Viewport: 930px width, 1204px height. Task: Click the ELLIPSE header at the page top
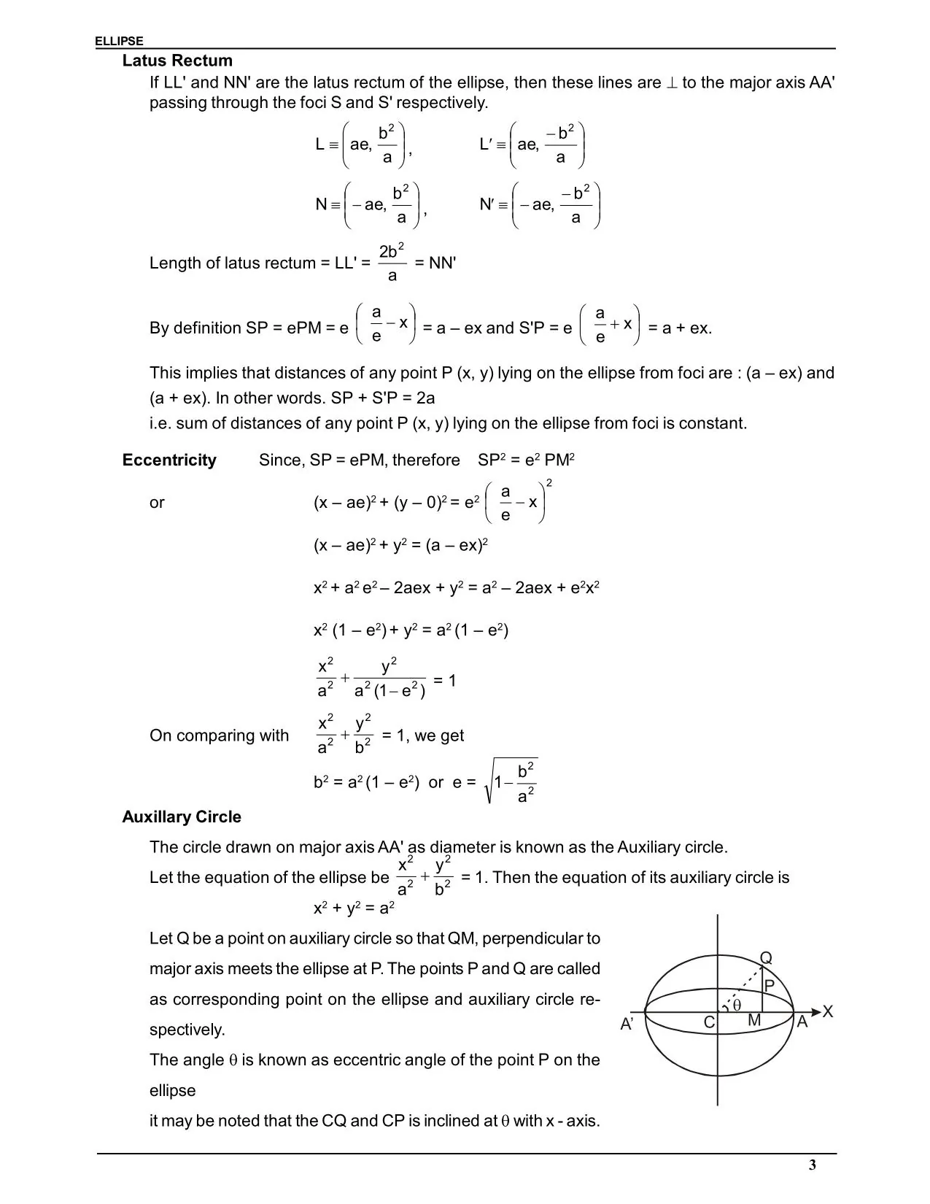pyautogui.click(x=119, y=42)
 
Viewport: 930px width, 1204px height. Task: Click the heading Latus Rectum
pyautogui.click(x=177, y=61)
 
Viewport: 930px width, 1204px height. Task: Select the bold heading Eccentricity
pyautogui.click(x=169, y=460)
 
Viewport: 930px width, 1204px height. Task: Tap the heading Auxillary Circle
pyautogui.click(x=182, y=817)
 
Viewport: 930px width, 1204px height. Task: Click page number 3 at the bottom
pyautogui.click(x=812, y=1165)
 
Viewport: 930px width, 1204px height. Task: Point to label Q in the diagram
pyautogui.click(x=766, y=958)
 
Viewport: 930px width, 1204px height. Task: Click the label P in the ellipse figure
pyautogui.click(x=768, y=986)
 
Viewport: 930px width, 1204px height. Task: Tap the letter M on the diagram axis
pyautogui.click(x=754, y=1021)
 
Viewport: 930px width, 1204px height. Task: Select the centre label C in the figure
pyautogui.click(x=708, y=1022)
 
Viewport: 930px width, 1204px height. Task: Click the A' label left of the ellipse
pyautogui.click(x=627, y=1024)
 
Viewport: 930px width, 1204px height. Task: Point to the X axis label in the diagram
pyautogui.click(x=827, y=1011)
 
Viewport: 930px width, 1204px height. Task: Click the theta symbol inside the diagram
pyautogui.click(x=736, y=1005)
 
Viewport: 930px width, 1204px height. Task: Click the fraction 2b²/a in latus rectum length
pyautogui.click(x=392, y=263)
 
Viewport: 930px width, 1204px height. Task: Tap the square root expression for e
pyautogui.click(x=511, y=782)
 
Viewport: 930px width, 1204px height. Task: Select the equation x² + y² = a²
pyautogui.click(x=354, y=908)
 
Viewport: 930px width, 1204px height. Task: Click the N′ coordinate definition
pyautogui.click(x=540, y=205)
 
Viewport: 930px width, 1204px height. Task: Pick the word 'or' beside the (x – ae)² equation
pyautogui.click(x=157, y=503)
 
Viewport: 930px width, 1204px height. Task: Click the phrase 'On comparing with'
pyautogui.click(x=219, y=736)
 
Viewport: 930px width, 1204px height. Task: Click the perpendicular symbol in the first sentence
pyautogui.click(x=672, y=83)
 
